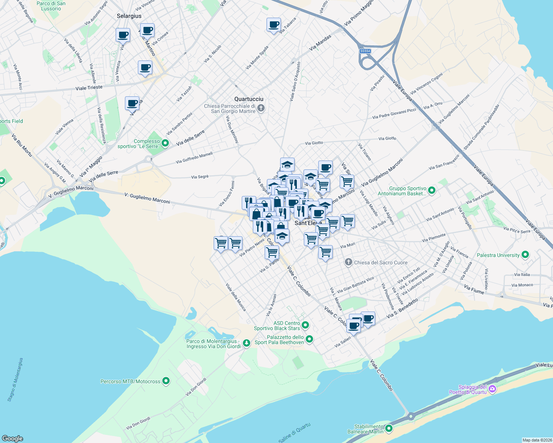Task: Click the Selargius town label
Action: [129, 16]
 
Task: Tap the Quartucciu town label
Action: [249, 99]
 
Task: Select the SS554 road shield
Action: [365, 51]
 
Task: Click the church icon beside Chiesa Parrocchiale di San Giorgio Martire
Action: [261, 108]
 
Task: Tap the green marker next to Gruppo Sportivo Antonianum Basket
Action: [431, 190]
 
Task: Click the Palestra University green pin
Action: [525, 255]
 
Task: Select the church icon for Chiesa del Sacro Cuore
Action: [348, 262]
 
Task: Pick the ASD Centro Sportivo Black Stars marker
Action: [305, 325]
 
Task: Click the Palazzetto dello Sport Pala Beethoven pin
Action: [309, 339]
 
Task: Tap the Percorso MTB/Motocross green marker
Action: [166, 381]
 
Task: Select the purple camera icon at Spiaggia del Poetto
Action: [492, 389]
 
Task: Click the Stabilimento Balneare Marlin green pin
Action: [389, 428]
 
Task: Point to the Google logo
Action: [13, 438]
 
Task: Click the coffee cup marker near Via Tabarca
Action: [274, 25]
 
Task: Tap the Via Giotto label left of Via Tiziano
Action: [314, 143]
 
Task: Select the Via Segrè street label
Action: [200, 177]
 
